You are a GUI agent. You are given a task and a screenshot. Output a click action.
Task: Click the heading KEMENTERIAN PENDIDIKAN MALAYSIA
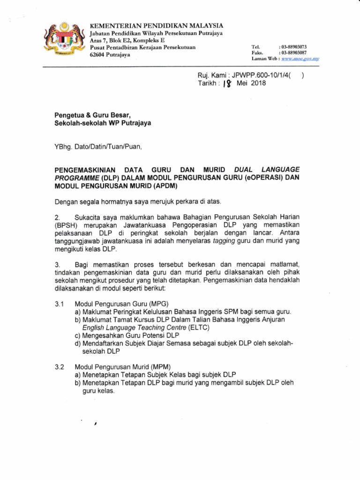tap(157, 25)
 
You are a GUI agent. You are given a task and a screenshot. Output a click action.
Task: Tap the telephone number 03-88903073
tap(293, 47)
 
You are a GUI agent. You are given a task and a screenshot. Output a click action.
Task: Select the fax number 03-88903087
tap(293, 53)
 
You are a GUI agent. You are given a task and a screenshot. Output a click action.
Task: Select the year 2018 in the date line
tap(258, 83)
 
